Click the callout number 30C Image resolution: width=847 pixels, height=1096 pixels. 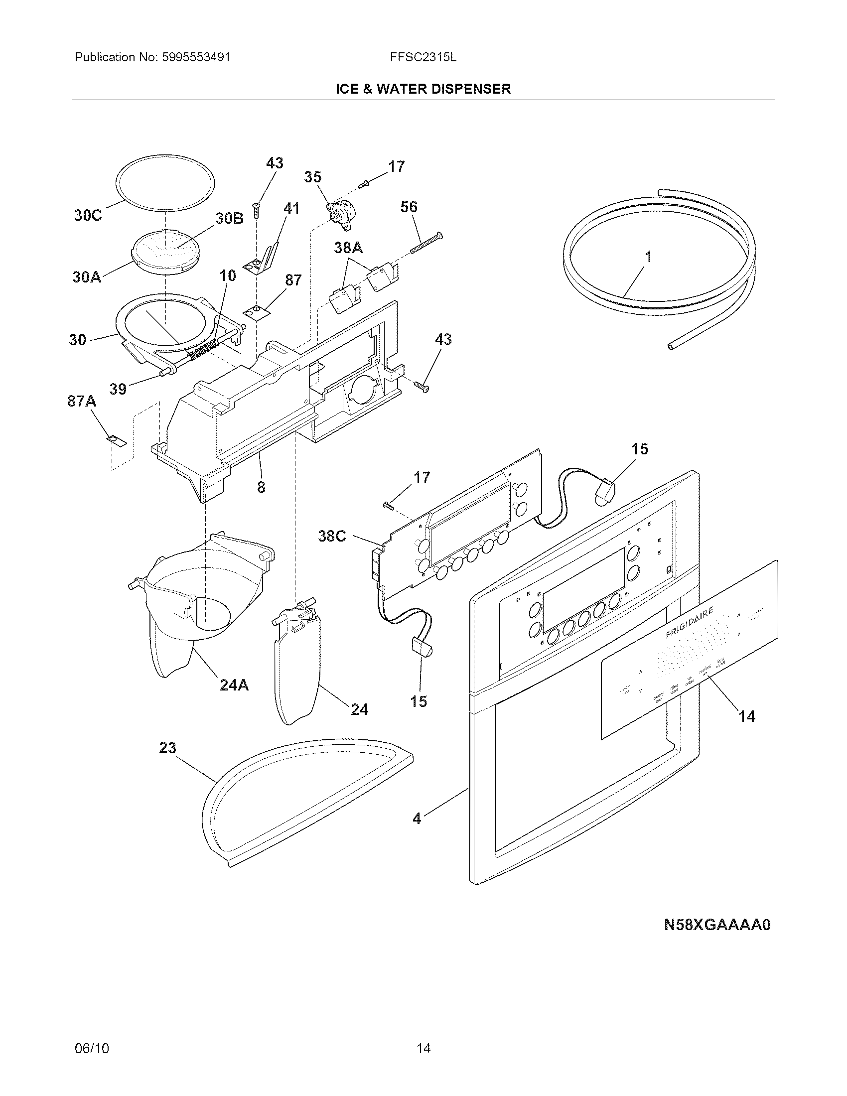pos(88,215)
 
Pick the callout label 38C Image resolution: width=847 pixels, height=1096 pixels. pos(332,536)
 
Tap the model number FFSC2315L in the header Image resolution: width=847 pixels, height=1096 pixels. pos(423,57)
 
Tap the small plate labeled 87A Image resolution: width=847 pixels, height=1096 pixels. pos(116,440)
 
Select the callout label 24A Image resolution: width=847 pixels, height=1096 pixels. pos(234,685)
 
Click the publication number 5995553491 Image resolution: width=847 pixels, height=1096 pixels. pos(196,57)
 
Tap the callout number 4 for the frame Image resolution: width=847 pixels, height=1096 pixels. pos(417,819)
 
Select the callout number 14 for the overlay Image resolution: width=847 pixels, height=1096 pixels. pos(747,716)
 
